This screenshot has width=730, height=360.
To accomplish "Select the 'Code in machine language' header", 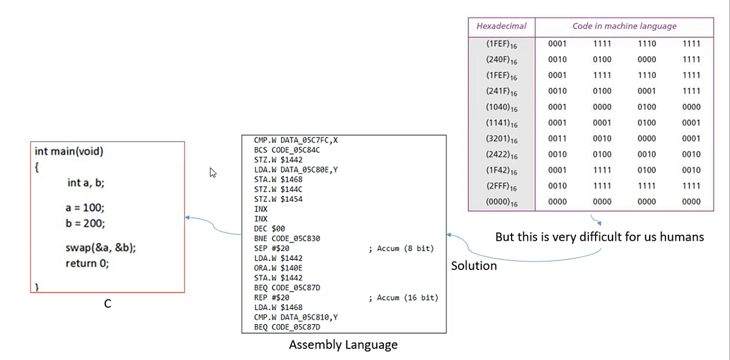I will [624, 26].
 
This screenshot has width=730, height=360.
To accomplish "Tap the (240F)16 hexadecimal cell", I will [501, 60].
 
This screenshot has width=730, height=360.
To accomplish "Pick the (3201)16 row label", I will [501, 139].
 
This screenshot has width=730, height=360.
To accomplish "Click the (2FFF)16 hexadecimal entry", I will [501, 186].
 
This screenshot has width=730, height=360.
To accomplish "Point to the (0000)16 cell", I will [501, 202].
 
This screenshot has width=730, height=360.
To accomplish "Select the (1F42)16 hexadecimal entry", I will [501, 170].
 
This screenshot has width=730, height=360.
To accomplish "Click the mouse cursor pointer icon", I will [213, 173].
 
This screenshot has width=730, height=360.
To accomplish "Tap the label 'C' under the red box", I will [107, 304].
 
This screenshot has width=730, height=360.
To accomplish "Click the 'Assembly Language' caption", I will [343, 345].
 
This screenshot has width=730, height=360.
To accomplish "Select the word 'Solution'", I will [474, 266].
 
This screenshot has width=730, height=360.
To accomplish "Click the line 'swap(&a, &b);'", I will [100, 248].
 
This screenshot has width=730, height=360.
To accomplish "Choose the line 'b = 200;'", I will [85, 223].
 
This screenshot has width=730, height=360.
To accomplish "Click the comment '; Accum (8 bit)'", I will [401, 249].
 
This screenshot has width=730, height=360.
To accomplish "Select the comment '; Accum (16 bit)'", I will [403, 297].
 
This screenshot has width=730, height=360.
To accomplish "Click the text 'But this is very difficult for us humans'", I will [599, 237].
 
